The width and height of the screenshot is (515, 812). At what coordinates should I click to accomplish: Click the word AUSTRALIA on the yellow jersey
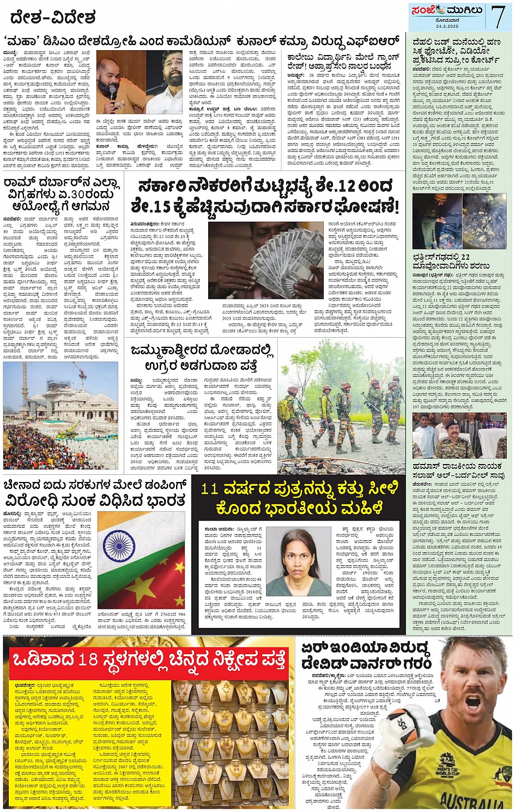(x=480, y=801)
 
